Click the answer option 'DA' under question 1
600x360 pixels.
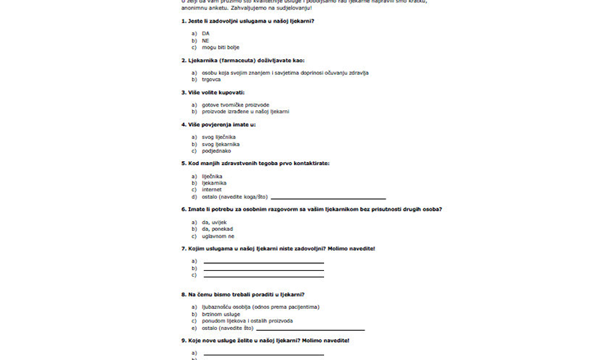click(x=205, y=34)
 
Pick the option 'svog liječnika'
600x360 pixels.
click(x=220, y=137)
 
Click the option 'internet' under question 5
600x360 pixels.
click(x=211, y=190)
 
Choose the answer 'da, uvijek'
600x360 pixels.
click(x=216, y=222)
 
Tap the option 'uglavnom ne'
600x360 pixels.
click(x=218, y=235)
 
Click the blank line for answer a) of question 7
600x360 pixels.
click(x=263, y=262)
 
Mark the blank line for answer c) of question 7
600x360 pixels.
click(x=263, y=275)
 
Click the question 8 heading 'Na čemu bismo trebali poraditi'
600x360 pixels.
click(x=247, y=294)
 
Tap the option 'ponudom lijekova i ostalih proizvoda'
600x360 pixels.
click(x=247, y=321)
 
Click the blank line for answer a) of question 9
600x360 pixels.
click(x=263, y=353)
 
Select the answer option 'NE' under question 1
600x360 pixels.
click(x=205, y=40)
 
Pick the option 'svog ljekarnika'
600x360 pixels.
click(x=221, y=144)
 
